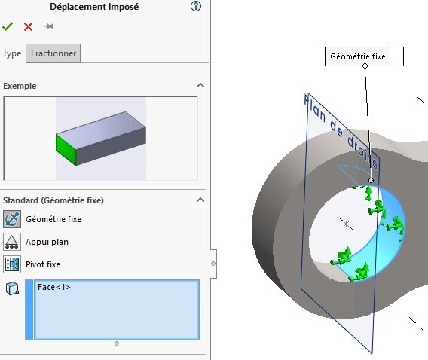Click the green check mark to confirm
8,26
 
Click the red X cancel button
28,26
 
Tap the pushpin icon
48,26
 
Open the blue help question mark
196,6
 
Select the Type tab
12,53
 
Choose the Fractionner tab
53,53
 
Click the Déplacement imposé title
94,7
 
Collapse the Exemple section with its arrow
200,85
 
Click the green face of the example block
66,148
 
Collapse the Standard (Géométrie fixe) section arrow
200,200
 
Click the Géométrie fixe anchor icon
12,219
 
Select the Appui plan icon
12,242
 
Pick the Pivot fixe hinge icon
12,264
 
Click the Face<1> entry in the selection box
54,287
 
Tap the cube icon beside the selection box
12,288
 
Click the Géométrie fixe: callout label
359,56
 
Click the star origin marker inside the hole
346,224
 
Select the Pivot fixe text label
43,264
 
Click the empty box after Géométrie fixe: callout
396,56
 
